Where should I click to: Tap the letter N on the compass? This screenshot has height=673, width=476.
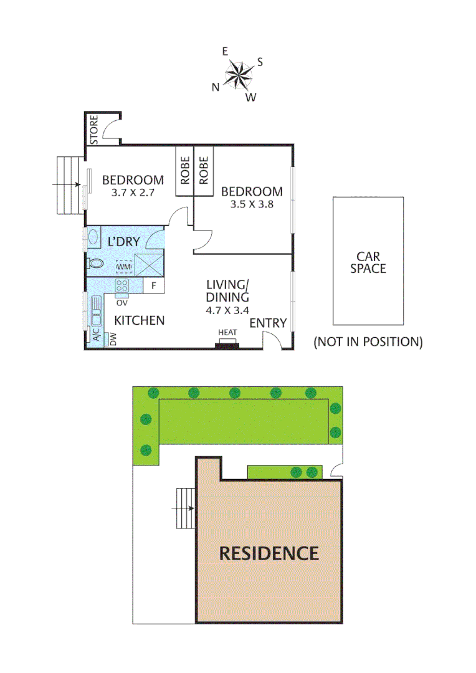[x=216, y=87]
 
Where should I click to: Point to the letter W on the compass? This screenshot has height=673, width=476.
[x=250, y=97]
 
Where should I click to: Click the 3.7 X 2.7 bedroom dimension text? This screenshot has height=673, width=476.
[x=133, y=193]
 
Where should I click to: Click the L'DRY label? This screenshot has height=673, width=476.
[x=123, y=242]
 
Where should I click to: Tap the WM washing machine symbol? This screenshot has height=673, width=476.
[x=124, y=267]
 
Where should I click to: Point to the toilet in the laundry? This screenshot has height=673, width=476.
[x=95, y=264]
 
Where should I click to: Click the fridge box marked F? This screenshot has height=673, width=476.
[x=153, y=286]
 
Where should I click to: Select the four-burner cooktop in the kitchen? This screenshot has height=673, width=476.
[x=121, y=286]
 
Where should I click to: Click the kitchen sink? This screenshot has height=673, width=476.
[x=97, y=311]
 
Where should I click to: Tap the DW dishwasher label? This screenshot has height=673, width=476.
[x=113, y=339]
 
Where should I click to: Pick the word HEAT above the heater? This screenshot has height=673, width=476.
[x=227, y=333]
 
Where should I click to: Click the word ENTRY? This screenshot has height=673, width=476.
[x=268, y=323]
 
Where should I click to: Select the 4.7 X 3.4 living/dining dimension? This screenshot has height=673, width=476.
[x=227, y=308]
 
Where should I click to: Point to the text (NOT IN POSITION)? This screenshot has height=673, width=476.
[x=368, y=341]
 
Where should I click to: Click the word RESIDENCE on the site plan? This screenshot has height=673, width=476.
[x=269, y=553]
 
